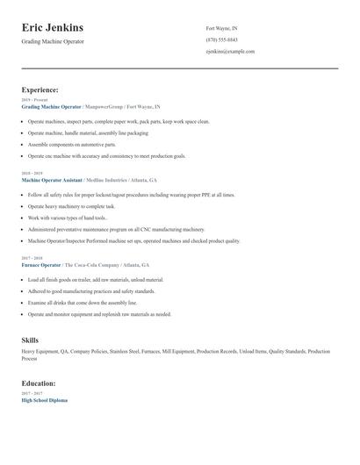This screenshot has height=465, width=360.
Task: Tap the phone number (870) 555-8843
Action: (x=221, y=39)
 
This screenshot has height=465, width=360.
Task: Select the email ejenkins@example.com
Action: (x=230, y=51)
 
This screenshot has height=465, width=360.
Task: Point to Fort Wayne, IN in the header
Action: (x=221, y=28)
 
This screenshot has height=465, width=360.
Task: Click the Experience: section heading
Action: (x=40, y=89)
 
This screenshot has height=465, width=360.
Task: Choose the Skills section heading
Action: (x=30, y=339)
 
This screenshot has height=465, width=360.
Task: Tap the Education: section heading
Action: (x=39, y=383)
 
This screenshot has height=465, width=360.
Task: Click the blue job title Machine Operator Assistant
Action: (x=57, y=180)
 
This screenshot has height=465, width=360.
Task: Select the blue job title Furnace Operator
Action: (x=41, y=264)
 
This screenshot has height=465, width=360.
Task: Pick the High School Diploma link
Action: (x=44, y=400)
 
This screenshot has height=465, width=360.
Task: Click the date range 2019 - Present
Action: (x=35, y=99)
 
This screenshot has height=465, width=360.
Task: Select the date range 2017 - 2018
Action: (x=31, y=258)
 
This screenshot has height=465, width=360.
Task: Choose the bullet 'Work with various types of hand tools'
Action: (x=68, y=218)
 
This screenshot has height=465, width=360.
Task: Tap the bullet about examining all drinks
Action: (x=78, y=302)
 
